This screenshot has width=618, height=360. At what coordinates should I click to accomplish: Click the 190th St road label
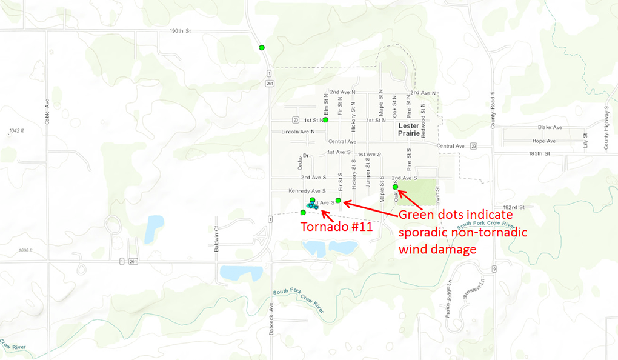point(180,30)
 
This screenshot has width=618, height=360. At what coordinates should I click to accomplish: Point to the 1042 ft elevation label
point(16,130)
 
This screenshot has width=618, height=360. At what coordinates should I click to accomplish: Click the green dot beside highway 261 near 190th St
point(262,47)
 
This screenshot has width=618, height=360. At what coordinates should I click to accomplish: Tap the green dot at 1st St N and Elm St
point(325,120)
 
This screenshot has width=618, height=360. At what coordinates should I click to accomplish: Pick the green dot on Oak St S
point(395,187)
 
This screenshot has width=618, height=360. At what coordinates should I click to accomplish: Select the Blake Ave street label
point(550,128)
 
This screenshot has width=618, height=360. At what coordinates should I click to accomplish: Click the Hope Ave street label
point(543,141)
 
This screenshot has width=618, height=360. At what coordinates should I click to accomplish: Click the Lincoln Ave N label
point(298,132)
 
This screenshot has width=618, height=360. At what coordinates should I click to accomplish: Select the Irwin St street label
point(436,196)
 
